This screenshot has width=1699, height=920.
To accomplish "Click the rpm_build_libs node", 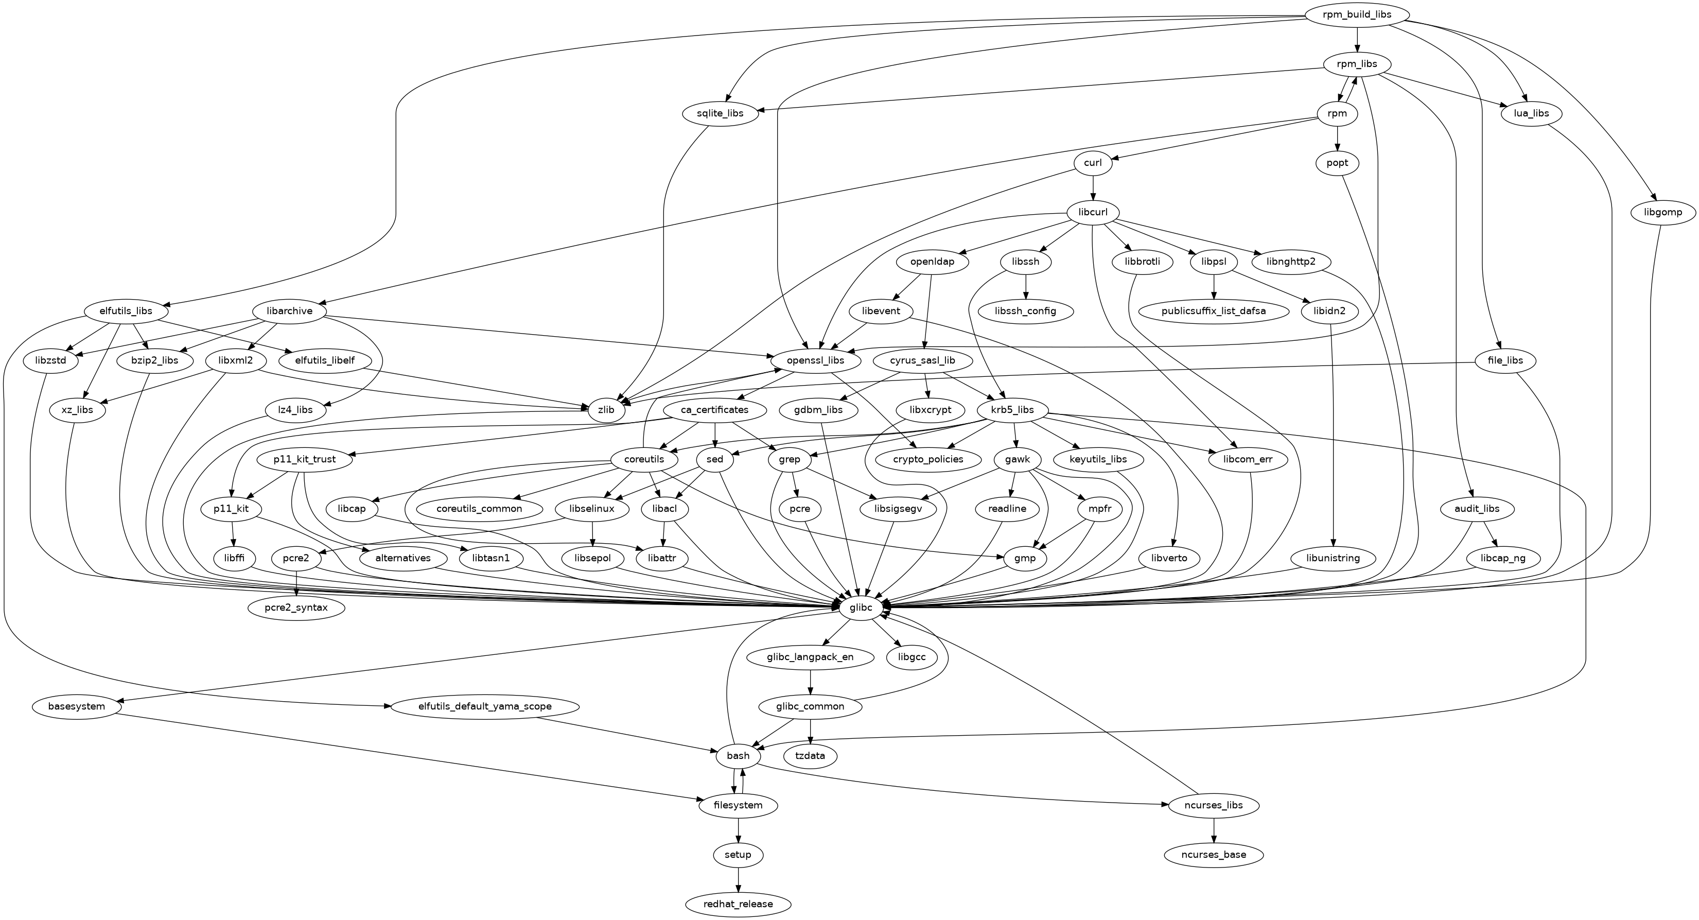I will [x=1356, y=15].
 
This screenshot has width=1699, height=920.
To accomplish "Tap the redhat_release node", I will [x=738, y=904].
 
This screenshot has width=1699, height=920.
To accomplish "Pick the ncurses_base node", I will [x=1214, y=855].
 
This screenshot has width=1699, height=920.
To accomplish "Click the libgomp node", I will [x=1663, y=212].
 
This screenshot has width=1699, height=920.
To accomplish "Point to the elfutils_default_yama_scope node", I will [x=485, y=706].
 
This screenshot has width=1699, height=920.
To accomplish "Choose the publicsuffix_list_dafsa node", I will [x=1214, y=310].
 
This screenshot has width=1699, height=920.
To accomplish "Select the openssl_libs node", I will [x=815, y=361].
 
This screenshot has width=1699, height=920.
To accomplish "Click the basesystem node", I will [x=77, y=706].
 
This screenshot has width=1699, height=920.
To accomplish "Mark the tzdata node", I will [x=810, y=756].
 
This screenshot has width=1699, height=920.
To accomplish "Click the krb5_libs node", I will [x=1012, y=410].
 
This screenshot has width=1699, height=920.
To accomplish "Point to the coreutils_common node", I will [x=480, y=509].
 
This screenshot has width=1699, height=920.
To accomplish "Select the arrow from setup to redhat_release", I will [x=738, y=879].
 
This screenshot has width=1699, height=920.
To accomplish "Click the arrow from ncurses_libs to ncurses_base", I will [x=1214, y=830].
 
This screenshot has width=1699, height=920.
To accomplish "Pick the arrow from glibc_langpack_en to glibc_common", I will [x=810, y=682].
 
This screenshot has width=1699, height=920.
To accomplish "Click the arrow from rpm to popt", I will [x=1338, y=138].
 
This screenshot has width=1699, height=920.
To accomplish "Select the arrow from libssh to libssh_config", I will [x=1026, y=286].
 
